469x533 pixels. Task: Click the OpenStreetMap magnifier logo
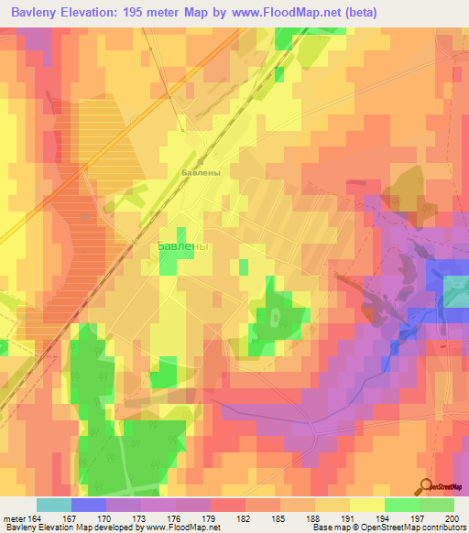427,486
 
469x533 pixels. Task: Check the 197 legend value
419,517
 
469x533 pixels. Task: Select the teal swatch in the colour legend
53,505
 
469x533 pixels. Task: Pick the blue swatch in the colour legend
88,505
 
